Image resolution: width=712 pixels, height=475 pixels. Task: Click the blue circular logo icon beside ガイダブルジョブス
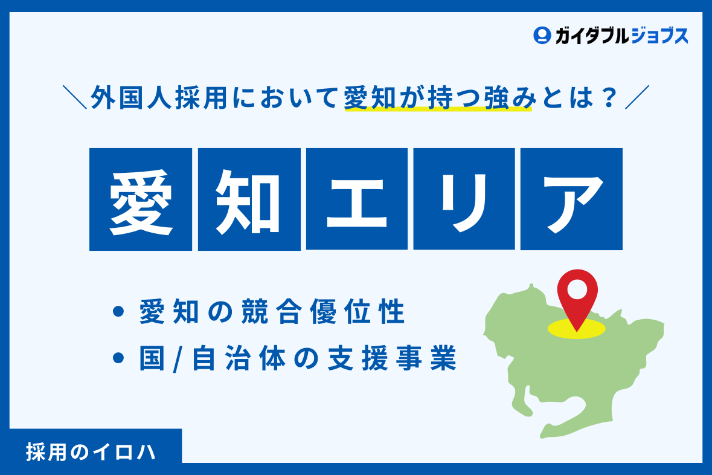(x=542, y=36)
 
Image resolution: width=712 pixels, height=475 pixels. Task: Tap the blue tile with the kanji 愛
(x=141, y=199)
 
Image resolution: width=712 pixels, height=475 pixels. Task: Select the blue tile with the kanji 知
(x=249, y=199)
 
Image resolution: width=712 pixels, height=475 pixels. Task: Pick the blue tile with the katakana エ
(x=357, y=199)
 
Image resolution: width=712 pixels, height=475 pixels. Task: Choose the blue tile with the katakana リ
(x=464, y=199)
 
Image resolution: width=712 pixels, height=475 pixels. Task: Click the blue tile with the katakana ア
(x=572, y=199)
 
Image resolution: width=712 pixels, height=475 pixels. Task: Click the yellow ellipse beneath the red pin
(x=577, y=329)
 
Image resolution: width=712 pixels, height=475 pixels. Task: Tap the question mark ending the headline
(x=609, y=97)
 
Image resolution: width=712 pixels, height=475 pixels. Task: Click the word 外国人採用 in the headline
(x=159, y=97)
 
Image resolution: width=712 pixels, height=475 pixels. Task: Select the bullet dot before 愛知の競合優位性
(x=118, y=312)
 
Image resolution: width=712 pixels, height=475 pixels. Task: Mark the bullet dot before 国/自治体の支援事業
(x=118, y=358)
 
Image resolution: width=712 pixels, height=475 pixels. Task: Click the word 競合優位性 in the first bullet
(x=323, y=312)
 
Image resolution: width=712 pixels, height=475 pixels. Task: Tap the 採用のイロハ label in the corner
(x=91, y=452)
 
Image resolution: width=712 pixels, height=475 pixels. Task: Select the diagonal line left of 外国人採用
(x=75, y=97)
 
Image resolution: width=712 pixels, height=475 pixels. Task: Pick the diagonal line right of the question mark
(x=637, y=97)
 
